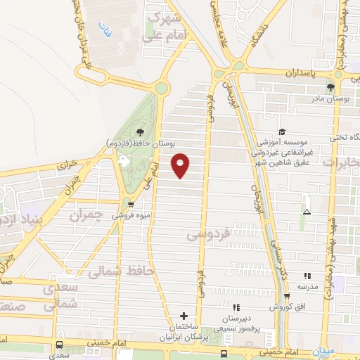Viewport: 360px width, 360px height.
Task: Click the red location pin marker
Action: click(181, 165)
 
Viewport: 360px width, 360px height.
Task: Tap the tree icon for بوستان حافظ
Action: click(140, 131)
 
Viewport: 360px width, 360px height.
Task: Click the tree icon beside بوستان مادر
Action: click(330, 88)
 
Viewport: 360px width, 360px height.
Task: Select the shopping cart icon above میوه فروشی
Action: click(131, 205)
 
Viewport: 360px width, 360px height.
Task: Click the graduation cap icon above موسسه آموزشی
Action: click(282, 131)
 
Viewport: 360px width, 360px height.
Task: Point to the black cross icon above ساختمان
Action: click(184, 316)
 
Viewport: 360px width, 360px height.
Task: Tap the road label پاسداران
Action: click(302, 73)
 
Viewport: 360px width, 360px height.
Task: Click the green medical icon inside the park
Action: click(126, 160)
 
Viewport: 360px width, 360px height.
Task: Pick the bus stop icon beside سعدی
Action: click(60, 345)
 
